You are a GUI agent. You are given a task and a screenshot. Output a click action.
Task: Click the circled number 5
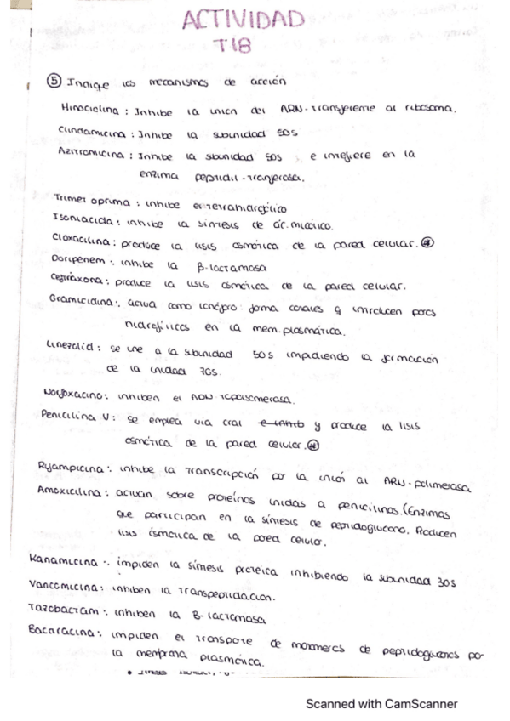[53, 82]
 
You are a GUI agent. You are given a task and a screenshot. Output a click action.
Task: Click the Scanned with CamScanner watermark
[381, 704]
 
